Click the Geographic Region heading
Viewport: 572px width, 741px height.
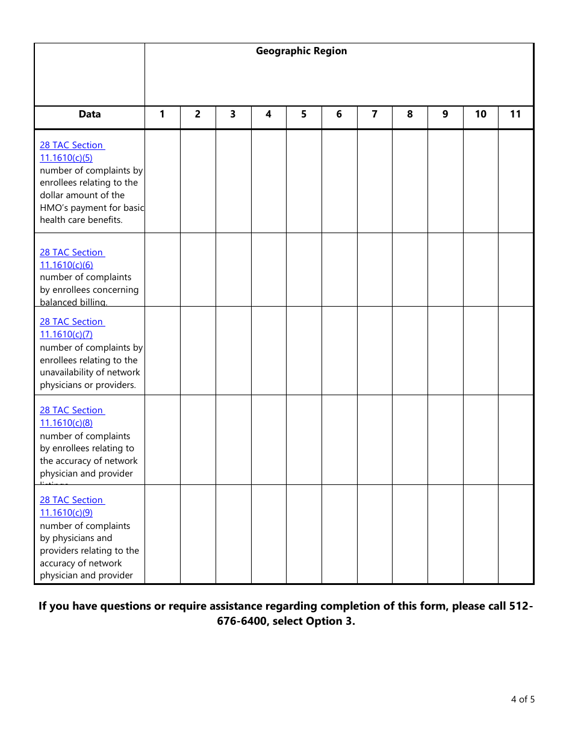301,51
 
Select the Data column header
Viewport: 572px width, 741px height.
90,114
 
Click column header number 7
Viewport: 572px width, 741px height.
375,114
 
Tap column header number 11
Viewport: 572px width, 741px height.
515,114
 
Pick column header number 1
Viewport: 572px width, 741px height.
162,114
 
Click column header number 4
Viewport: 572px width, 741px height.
269,114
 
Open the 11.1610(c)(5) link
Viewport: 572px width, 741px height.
66,158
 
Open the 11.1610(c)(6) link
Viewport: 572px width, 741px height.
66,265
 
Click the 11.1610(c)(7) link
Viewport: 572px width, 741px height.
66,334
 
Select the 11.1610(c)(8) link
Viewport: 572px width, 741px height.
66,423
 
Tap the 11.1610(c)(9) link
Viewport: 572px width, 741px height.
66,513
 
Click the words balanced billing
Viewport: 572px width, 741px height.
73,302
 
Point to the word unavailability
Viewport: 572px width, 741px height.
66,372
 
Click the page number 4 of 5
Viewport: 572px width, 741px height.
523,699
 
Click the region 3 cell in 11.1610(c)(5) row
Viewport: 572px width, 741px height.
233,181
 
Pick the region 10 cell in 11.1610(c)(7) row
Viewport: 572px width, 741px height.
480,351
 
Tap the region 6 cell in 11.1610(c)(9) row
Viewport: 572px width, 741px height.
339,534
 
